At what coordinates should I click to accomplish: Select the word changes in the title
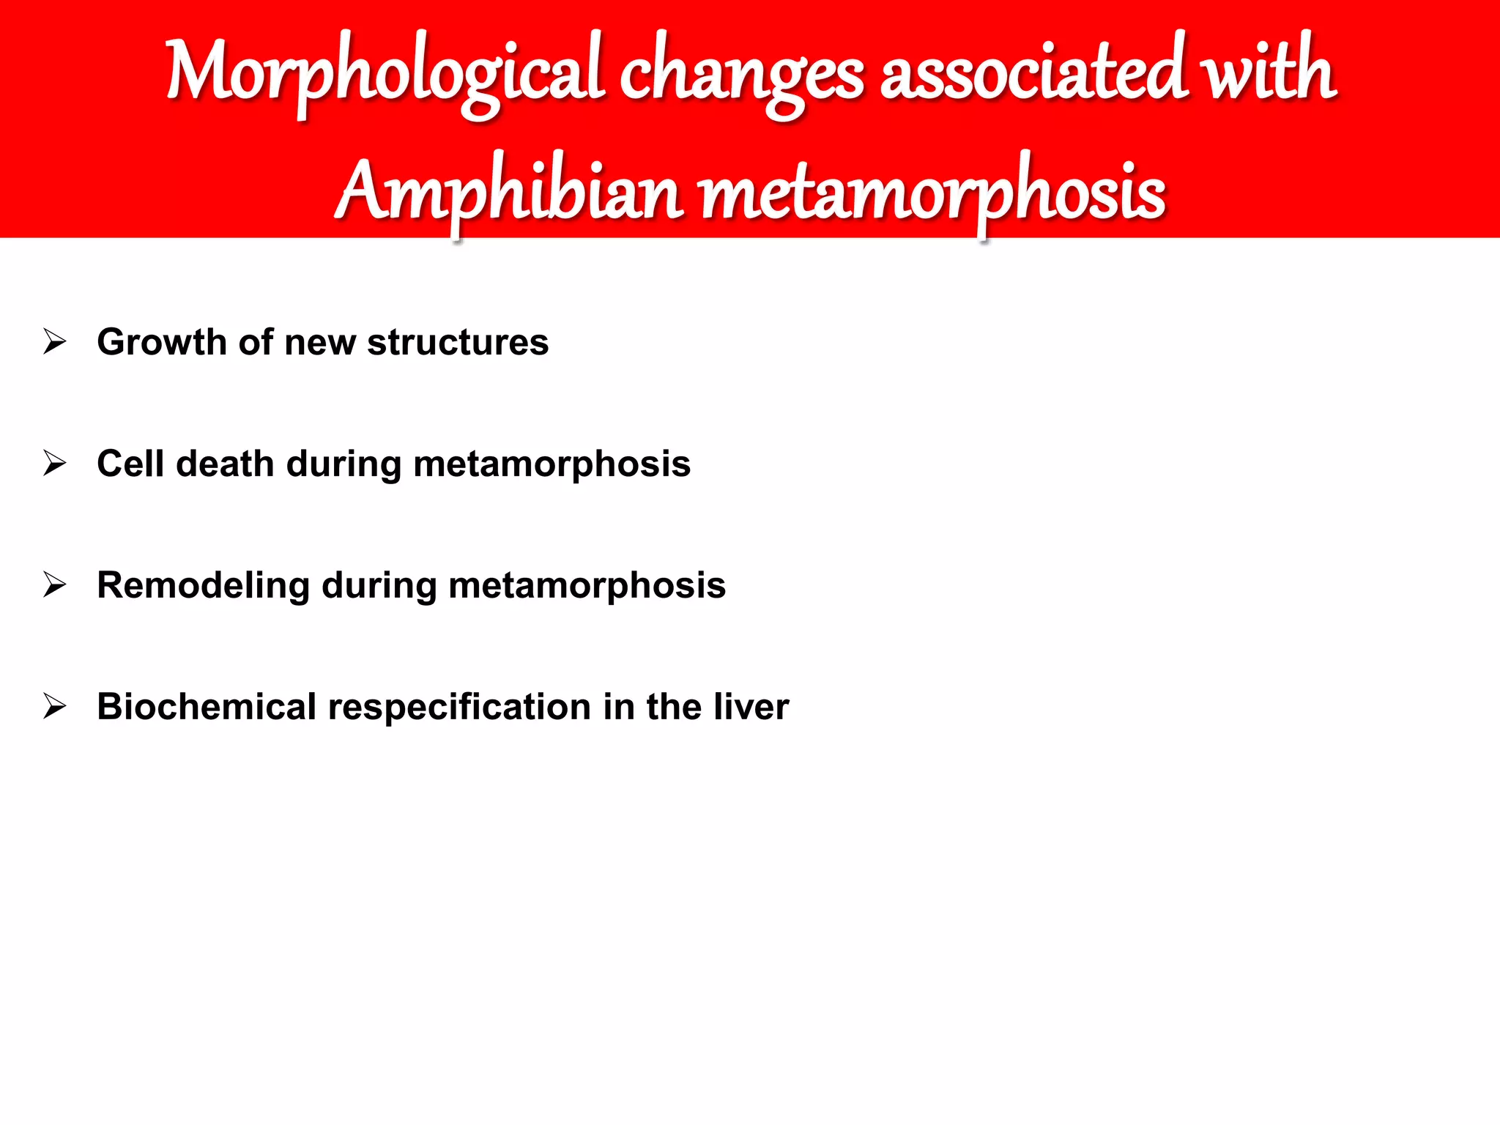pos(741,73)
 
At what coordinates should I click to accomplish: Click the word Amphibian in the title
pos(510,192)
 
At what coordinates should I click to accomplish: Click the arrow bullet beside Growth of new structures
pos(55,341)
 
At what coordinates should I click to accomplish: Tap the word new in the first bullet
pos(319,342)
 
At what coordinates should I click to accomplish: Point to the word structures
pos(458,342)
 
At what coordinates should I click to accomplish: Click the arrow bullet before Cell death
pos(55,463)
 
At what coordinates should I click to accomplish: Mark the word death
pos(225,464)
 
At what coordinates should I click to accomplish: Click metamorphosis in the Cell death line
pos(552,464)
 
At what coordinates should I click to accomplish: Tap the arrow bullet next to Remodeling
pos(55,584)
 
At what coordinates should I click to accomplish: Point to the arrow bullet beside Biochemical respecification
pos(55,706)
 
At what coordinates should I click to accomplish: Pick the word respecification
pos(459,708)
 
